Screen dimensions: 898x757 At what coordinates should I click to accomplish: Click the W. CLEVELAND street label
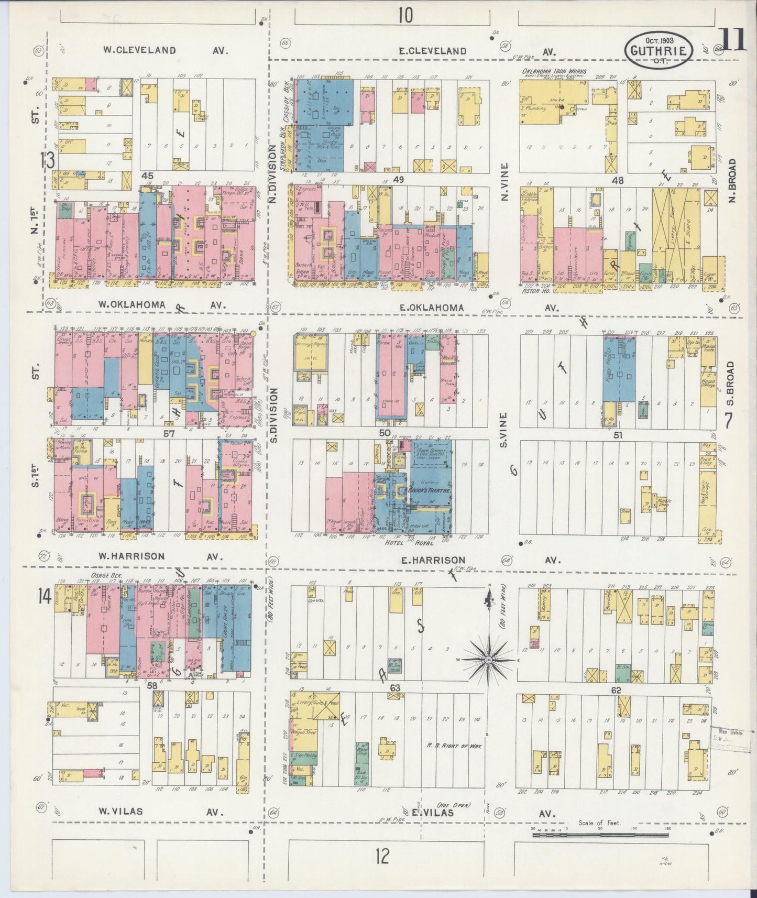pos(139,50)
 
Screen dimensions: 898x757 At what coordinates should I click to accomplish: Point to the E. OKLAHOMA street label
pos(431,308)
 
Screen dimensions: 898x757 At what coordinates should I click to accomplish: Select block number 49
pos(399,180)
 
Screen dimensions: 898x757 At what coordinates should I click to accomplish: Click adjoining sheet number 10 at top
pos(404,16)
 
